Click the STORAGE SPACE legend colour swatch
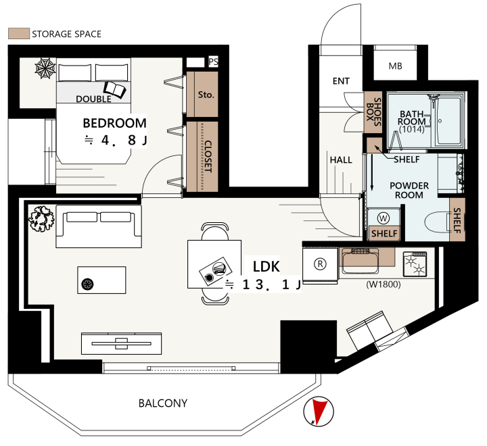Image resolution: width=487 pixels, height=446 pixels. pyautogui.click(x=19, y=34)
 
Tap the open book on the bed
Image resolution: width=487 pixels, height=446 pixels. pyautogui.click(x=114, y=90)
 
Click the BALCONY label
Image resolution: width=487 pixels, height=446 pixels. pyautogui.click(x=163, y=403)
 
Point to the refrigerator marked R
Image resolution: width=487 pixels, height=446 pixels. pyautogui.click(x=320, y=265)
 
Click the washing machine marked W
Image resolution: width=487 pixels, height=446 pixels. pyautogui.click(x=383, y=218)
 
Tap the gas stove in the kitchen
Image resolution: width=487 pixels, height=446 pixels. pyautogui.click(x=415, y=264)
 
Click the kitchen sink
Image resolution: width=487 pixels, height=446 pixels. pyautogui.click(x=361, y=261)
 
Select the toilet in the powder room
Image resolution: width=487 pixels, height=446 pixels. pyautogui.click(x=438, y=222)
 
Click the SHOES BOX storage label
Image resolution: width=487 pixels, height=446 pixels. pyautogui.click(x=373, y=112)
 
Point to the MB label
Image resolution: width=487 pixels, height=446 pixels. pyautogui.click(x=396, y=66)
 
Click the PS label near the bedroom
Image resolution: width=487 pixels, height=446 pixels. pyautogui.click(x=213, y=61)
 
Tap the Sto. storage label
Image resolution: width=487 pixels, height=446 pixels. pyautogui.click(x=206, y=95)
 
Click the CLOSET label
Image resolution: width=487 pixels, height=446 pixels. pyautogui.click(x=208, y=156)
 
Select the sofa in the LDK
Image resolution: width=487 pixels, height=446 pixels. pyautogui.click(x=99, y=226)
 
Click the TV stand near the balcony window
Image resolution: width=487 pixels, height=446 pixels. pyautogui.click(x=122, y=343)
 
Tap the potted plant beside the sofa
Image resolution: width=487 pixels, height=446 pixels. pyautogui.click(x=42, y=218)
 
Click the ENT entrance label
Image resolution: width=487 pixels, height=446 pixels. pyautogui.click(x=341, y=81)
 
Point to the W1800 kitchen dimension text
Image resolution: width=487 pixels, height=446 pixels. pyautogui.click(x=384, y=284)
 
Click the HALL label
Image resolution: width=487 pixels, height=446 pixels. pyautogui.click(x=341, y=160)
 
